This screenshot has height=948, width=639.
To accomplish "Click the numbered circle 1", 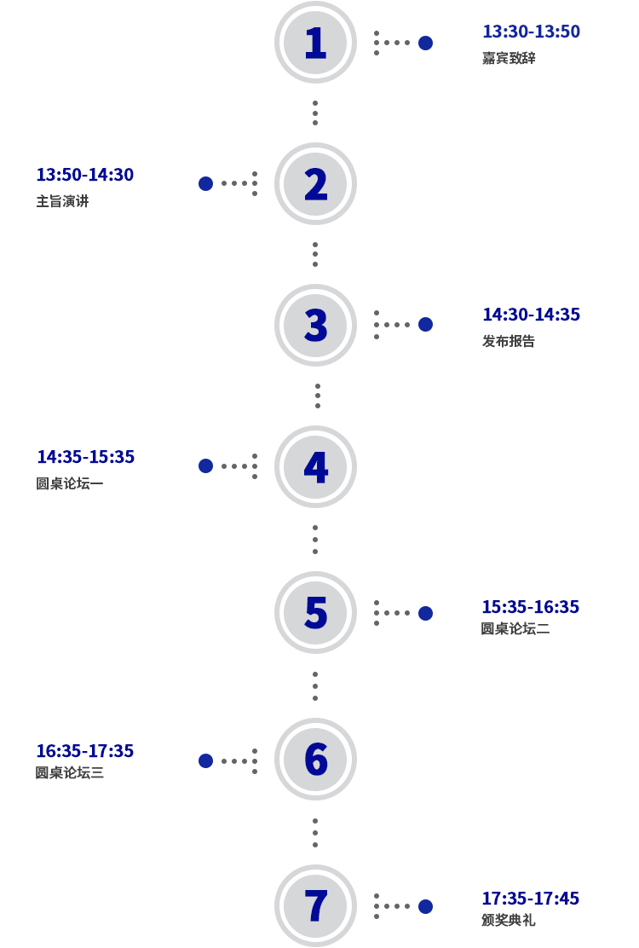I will pyautogui.click(x=315, y=43).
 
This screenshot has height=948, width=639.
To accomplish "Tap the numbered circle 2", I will pyautogui.click(x=315, y=183).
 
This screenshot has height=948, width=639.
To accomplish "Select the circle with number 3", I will pyautogui.click(x=315, y=325).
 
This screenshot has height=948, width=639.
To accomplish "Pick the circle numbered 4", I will pyautogui.click(x=315, y=466).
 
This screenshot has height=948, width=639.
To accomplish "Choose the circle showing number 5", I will pyautogui.click(x=315, y=612).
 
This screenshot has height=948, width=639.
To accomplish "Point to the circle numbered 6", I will pyautogui.click(x=315, y=759).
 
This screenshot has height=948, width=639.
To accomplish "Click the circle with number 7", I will pyautogui.click(x=315, y=905).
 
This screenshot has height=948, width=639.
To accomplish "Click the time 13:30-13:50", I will pyautogui.click(x=531, y=32).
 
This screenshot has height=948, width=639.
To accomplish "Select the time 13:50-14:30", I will pyautogui.click(x=84, y=175).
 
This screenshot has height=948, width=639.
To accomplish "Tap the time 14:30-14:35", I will pyautogui.click(x=531, y=315).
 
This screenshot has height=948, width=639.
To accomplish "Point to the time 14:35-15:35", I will pyautogui.click(x=85, y=457).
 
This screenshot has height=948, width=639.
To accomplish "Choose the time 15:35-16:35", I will pyautogui.click(x=530, y=607).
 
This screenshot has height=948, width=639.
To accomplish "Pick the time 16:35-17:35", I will pyautogui.click(x=84, y=751).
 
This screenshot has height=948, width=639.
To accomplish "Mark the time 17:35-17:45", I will pyautogui.click(x=530, y=899).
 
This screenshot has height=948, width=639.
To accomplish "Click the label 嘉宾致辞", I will pyautogui.click(x=509, y=58).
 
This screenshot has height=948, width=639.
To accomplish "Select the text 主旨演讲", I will pyautogui.click(x=62, y=201).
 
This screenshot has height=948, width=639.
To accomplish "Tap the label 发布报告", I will pyautogui.click(x=509, y=341).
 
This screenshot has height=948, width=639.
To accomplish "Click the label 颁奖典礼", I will pyautogui.click(x=508, y=920).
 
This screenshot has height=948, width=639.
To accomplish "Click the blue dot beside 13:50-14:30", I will pyautogui.click(x=205, y=183).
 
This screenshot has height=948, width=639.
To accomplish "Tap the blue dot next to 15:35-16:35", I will pyautogui.click(x=425, y=613).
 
